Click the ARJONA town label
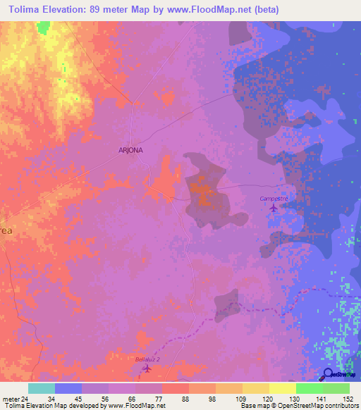coord(130,151)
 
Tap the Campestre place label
coord(276,199)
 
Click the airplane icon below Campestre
coord(274,208)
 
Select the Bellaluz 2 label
coord(147,359)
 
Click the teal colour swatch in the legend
coord(42,388)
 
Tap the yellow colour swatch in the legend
coord(282,388)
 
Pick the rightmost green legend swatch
coord(336,388)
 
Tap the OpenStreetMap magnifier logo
coord(329,375)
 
